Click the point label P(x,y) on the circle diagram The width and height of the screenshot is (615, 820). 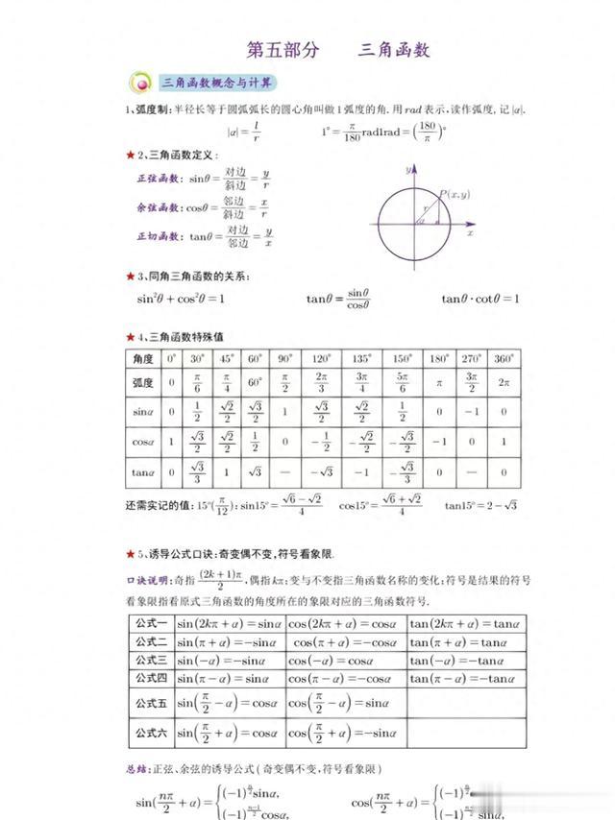pyautogui.click(x=454, y=196)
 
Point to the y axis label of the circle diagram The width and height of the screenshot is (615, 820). pyautogui.click(x=407, y=168)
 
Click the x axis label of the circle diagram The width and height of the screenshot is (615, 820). pyautogui.click(x=470, y=232)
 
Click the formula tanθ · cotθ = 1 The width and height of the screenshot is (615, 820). pyautogui.click(x=480, y=299)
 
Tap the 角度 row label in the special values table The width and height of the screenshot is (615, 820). pyautogui.click(x=142, y=358)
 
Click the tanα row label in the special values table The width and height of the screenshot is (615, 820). pyautogui.click(x=142, y=472)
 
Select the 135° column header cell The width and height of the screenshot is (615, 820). pyautogui.click(x=362, y=358)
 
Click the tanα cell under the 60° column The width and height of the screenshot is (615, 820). pyautogui.click(x=255, y=472)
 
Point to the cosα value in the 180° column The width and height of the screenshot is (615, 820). pyautogui.click(x=439, y=443)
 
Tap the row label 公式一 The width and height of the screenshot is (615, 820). pyautogui.click(x=151, y=623)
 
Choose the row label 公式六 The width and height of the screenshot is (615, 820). pyautogui.click(x=151, y=733)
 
